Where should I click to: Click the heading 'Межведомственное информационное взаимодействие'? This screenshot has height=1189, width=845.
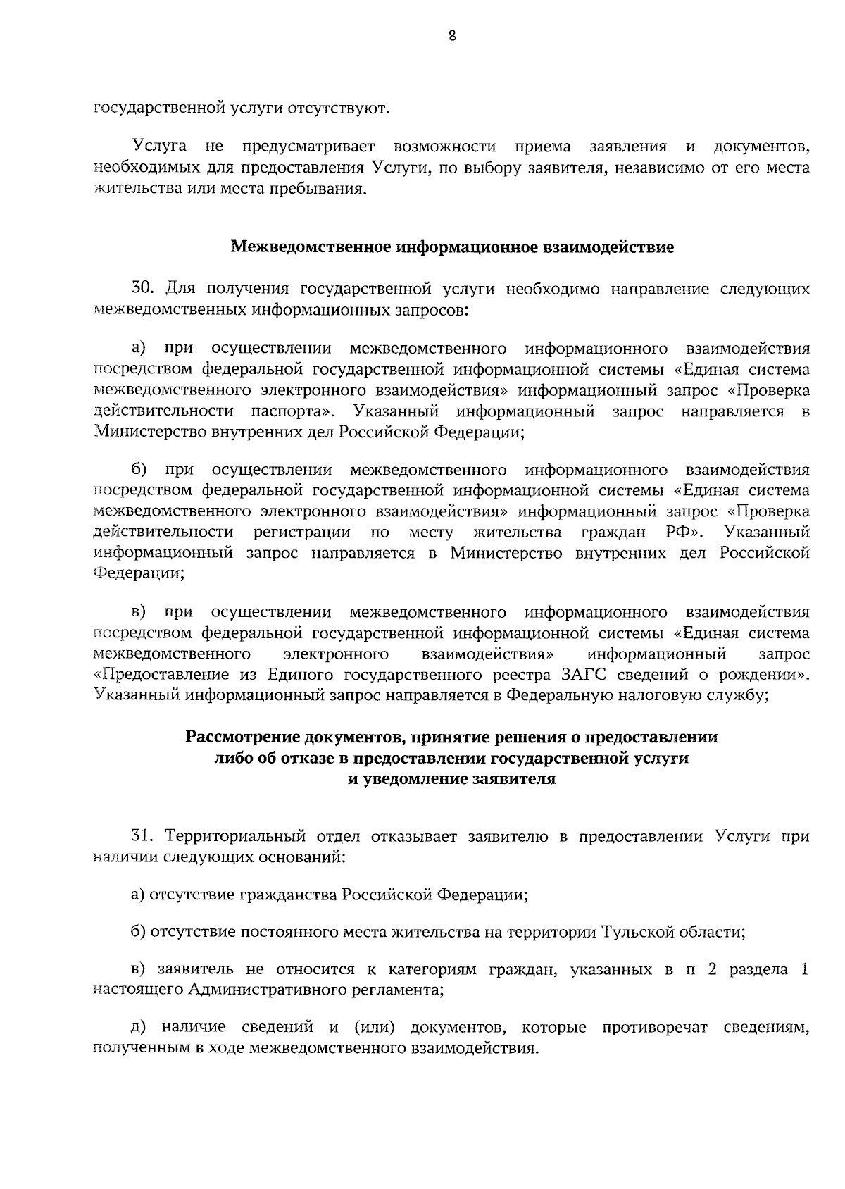pyautogui.click(x=452, y=248)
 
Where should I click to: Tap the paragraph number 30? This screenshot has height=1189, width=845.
pyautogui.click(x=142, y=289)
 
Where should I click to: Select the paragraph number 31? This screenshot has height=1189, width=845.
pyautogui.click(x=142, y=837)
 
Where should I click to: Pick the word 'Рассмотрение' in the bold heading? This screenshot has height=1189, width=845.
pyautogui.click(x=243, y=737)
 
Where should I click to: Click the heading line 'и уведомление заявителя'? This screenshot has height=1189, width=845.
pyautogui.click(x=452, y=780)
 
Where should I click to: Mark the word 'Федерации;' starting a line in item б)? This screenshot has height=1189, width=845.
pyautogui.click(x=139, y=573)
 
